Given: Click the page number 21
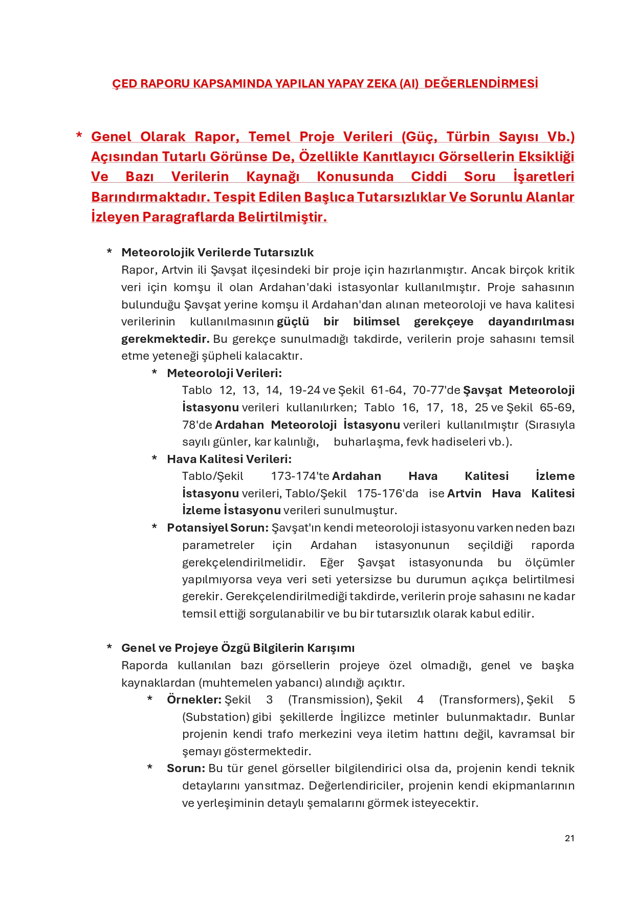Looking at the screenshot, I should tap(570, 838).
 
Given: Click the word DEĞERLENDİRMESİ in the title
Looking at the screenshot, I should tap(481, 83).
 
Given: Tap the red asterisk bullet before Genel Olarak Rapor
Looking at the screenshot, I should tap(79, 136).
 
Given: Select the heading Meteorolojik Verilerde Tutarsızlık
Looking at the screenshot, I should tap(217, 252).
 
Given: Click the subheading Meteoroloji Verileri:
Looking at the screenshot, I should tap(224, 373).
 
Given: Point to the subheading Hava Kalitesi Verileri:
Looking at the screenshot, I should tap(229, 459).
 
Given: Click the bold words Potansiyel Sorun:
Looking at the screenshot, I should tap(217, 528).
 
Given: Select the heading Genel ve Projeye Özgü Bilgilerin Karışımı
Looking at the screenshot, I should tap(238, 648).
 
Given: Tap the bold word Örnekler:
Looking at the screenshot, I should tap(194, 699).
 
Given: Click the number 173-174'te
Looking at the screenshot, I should tap(300, 476).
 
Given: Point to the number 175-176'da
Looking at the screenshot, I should tap(387, 493).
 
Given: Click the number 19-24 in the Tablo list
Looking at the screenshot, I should tap(304, 390).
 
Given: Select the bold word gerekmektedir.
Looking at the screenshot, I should tap(165, 339).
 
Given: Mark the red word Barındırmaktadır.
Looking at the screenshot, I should tap(150, 197).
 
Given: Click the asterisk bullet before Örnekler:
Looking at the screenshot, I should tap(150, 699).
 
